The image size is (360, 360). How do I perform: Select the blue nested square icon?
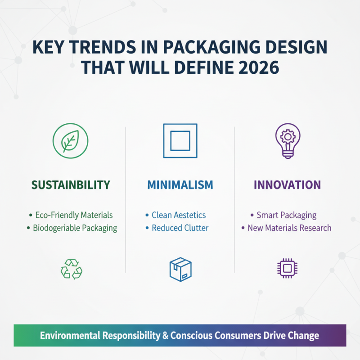coord(180,140)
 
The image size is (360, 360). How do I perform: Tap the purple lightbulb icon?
coord(288,140)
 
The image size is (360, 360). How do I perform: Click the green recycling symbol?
coord(71,269)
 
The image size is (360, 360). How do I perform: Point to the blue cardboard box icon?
coord(180,270)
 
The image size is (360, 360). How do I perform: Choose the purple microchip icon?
coord(288,269)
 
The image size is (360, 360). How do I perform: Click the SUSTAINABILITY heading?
coord(71,184)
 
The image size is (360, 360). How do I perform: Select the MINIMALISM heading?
coord(180,185)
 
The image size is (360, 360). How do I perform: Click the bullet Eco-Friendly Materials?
coord(73,215)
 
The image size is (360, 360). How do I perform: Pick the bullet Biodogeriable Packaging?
coord(75,228)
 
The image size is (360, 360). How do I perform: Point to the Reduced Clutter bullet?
coord(180,228)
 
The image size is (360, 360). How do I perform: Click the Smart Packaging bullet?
coord(286,215)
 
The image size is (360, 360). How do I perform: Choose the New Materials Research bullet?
coord(289,228)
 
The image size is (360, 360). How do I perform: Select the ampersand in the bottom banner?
coord(165,336)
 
